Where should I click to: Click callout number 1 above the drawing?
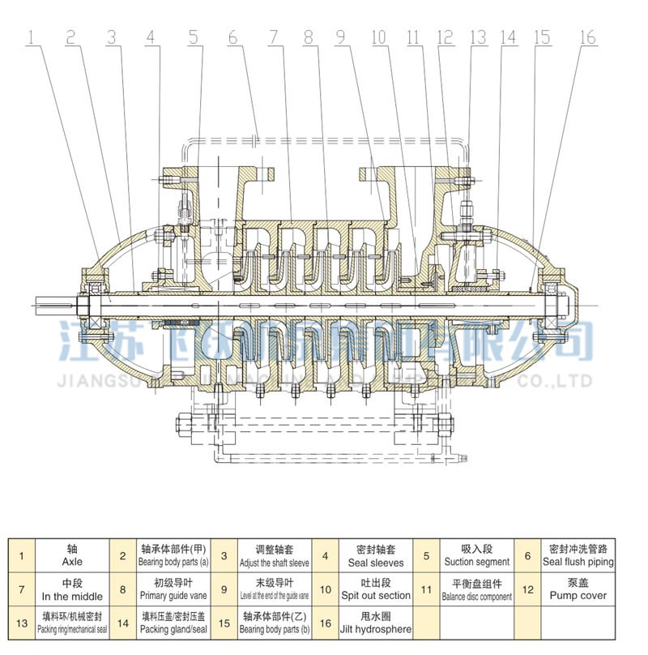click(30, 36)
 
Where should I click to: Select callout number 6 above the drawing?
click(232, 36)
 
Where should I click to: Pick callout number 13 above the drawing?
click(477, 36)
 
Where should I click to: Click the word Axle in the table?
click(72, 561)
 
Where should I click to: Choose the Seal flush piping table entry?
click(578, 562)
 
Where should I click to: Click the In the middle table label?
click(72, 596)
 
